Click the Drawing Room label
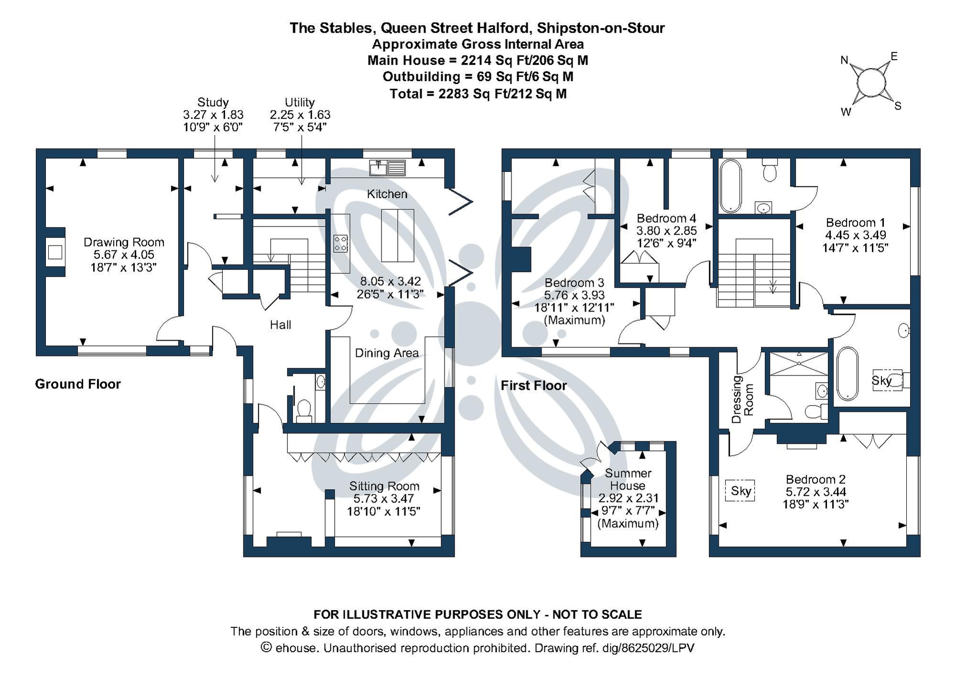pos(124,242)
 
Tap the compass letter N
pos(844,61)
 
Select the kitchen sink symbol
pos(388,168)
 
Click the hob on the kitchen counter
pos(340,243)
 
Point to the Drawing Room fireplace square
pos(55,252)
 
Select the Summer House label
pos(628,479)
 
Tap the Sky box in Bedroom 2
pos(740,491)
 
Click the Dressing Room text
pos(742,399)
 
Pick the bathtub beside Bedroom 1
pos(730,186)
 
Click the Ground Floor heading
pos(78,384)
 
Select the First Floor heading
pos(533,385)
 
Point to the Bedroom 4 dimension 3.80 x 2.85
pos(666,231)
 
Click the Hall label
pos(280,325)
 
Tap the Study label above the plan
pos(213,102)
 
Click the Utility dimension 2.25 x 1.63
pos(300,115)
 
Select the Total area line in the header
pos(478,94)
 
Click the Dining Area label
pos(387,353)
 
